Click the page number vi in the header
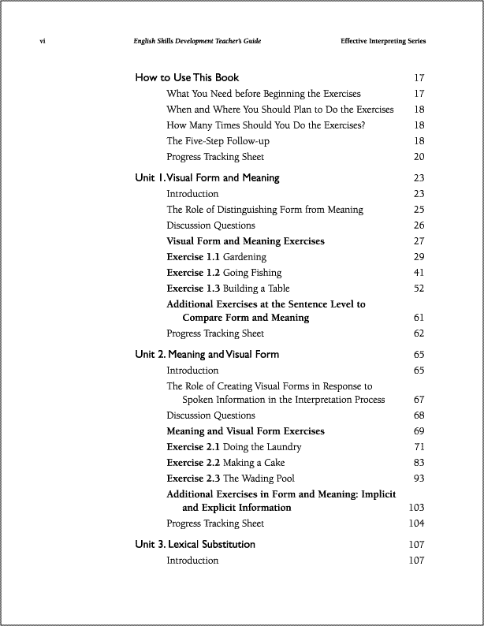pos(41,41)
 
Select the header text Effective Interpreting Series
pos(388,41)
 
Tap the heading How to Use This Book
pos(187,78)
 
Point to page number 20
pos(419,157)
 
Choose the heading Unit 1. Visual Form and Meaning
pos(207,178)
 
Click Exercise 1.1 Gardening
pos(216,257)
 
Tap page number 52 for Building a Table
pos(419,289)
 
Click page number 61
pos(419,318)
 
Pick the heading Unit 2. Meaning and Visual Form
pos(207,355)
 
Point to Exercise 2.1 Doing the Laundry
pos(233,447)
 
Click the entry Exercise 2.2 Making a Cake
pos(225,463)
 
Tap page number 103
pos(416,508)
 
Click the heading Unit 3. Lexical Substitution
pos(195,545)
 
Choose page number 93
pos(419,479)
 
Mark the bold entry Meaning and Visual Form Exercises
pos(245,431)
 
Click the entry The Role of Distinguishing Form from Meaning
pos(265,210)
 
